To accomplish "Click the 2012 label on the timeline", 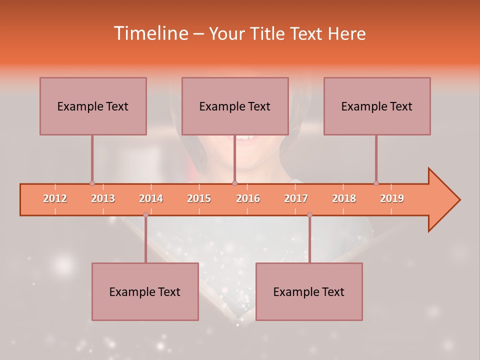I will point(55,198).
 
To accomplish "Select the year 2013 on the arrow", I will point(103,198).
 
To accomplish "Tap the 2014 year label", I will point(151,198).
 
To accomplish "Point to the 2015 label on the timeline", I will point(199,198).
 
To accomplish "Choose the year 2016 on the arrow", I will point(248,198).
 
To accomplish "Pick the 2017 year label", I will point(296,198).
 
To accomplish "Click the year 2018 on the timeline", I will point(344,198).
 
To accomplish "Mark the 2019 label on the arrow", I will point(392,198).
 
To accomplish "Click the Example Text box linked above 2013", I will point(93,106).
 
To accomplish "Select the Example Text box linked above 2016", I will point(235,106).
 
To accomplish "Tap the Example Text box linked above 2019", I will point(377,106).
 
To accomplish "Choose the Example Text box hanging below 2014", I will point(145,291).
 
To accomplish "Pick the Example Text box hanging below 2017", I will point(309,291).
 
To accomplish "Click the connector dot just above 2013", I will point(92,183).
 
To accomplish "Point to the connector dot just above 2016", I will point(234,183).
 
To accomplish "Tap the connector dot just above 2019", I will point(376,183).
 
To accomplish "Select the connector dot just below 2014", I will point(145,214).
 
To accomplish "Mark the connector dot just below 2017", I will point(309,214).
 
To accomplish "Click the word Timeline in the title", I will point(150,33).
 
